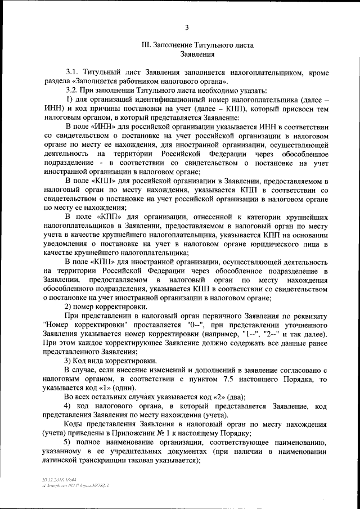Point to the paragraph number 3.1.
point(73,73)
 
